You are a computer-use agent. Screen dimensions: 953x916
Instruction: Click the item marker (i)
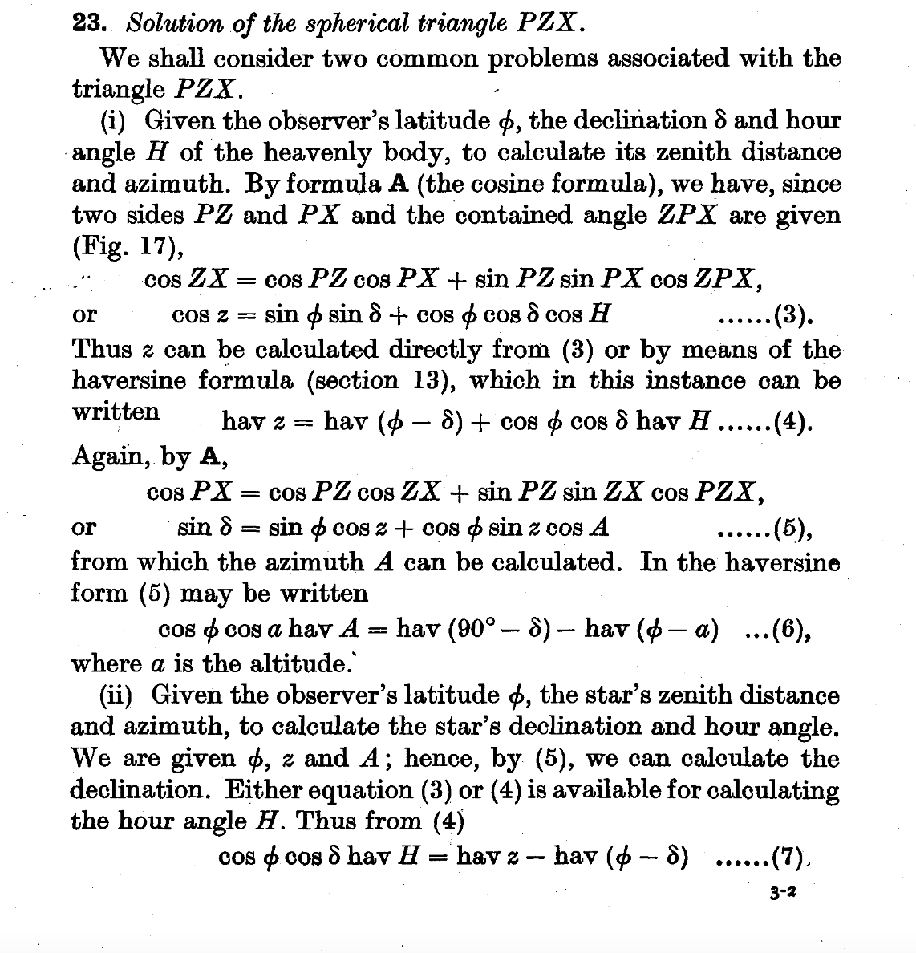coord(116,121)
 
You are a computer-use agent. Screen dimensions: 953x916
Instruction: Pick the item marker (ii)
coord(121,695)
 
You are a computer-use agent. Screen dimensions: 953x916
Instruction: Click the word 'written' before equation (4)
coord(116,412)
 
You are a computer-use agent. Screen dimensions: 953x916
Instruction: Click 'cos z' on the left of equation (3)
coord(196,314)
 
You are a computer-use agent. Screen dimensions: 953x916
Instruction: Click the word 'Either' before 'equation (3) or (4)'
coord(261,789)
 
